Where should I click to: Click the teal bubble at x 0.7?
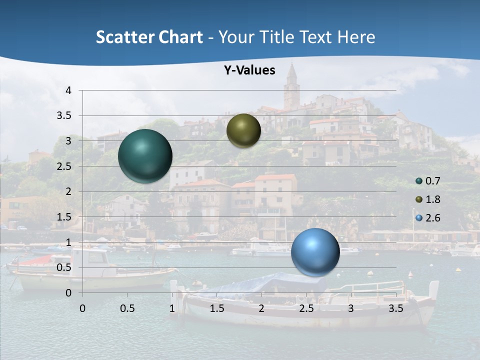(145, 156)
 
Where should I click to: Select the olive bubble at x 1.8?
(243, 130)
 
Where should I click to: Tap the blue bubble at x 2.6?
(315, 252)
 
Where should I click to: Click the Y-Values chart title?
(249, 70)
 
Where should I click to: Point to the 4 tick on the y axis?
(68, 90)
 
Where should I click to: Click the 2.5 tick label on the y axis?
(64, 166)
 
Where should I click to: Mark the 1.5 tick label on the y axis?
(64, 217)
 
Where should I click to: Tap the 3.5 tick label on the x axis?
(395, 308)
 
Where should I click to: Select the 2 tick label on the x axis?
(261, 308)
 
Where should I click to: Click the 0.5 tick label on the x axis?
(127, 308)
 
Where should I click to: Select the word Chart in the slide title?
(181, 37)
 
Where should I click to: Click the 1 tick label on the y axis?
(68, 242)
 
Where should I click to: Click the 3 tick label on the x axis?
(350, 308)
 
